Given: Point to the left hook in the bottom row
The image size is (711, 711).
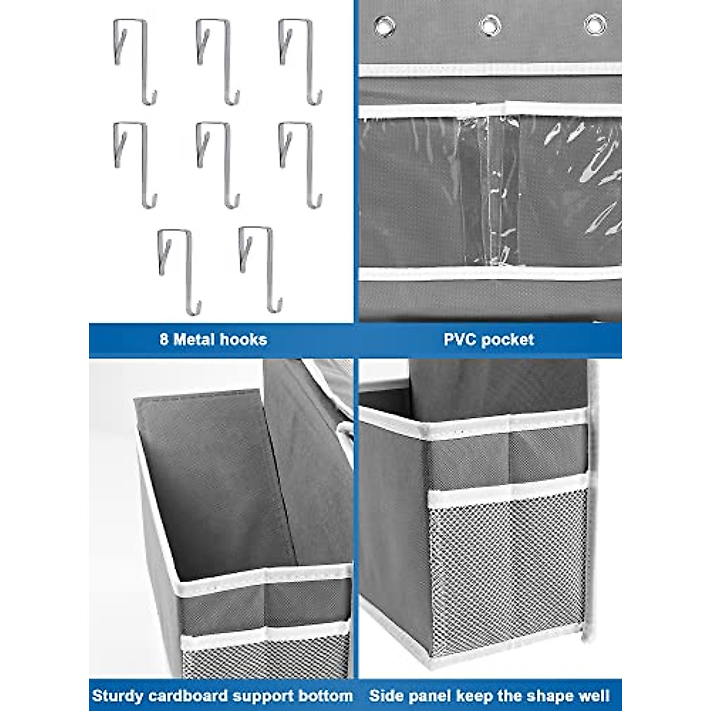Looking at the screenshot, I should coord(179,270).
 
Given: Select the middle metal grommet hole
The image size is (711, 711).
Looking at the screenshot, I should coord(489,25).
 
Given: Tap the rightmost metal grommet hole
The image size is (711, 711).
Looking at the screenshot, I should coord(594,24).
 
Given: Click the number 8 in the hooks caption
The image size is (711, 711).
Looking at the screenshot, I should coord(164,340).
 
